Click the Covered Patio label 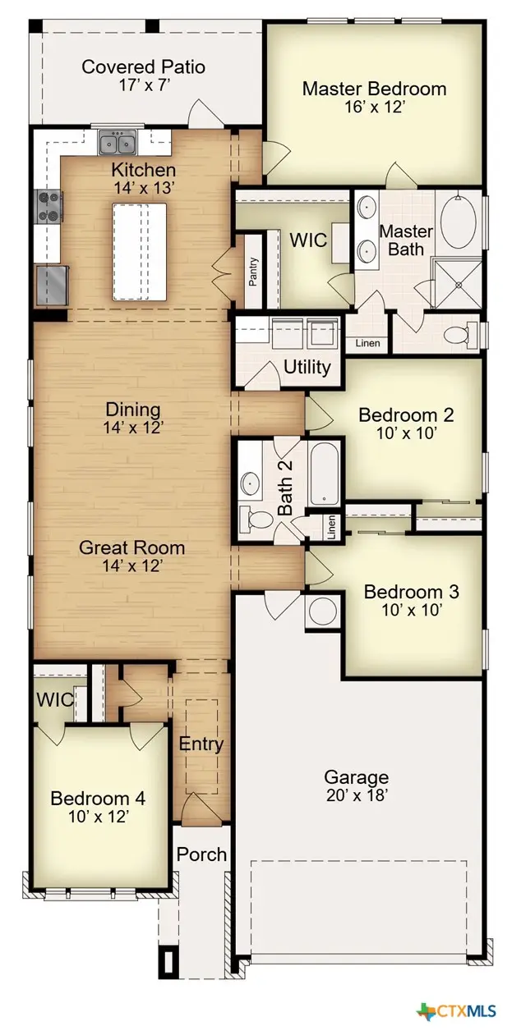click(x=143, y=67)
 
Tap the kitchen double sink click(x=118, y=142)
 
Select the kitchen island click(x=139, y=252)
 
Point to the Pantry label click(x=253, y=272)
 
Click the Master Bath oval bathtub click(x=459, y=222)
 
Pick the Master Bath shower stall click(x=457, y=283)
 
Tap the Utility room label click(x=307, y=368)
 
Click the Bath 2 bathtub click(x=325, y=474)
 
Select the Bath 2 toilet click(x=256, y=519)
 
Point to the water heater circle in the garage click(x=322, y=612)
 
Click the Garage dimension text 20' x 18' click(x=357, y=795)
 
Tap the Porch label click(x=201, y=854)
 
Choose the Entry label click(x=201, y=744)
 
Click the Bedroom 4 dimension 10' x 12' click(x=98, y=817)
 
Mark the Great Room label click(x=131, y=547)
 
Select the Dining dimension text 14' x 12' click(x=132, y=428)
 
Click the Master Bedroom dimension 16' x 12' click(x=375, y=108)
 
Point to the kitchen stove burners click(x=49, y=207)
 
